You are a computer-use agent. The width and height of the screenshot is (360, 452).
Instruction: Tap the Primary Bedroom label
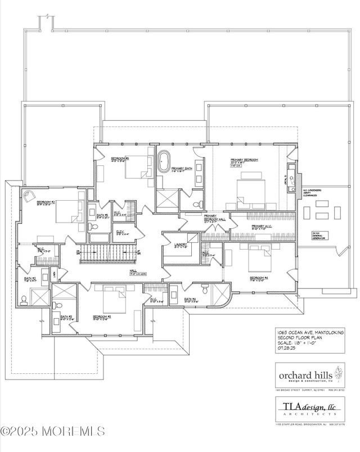[x=244, y=161]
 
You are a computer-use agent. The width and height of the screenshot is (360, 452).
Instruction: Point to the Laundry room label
[x=181, y=245]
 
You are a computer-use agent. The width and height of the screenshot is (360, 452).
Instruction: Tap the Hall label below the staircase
[x=133, y=271]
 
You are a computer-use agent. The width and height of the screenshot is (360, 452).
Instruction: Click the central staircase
[x=107, y=254]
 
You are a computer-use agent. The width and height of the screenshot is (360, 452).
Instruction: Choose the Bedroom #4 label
[x=259, y=278]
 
